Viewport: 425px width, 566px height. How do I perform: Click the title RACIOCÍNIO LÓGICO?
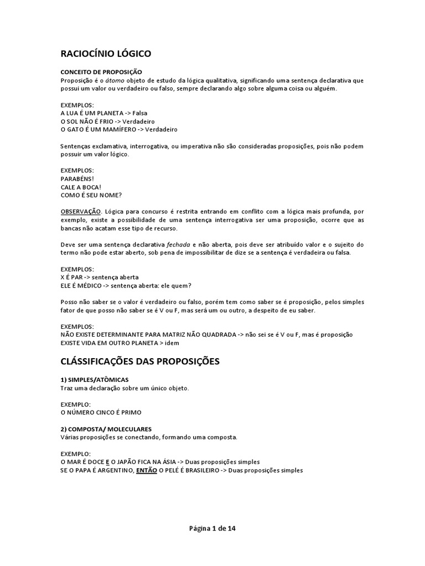(x=105, y=54)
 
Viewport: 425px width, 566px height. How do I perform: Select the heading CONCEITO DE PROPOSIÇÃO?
(x=101, y=72)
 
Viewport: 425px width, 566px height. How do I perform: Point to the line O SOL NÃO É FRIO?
(x=108, y=121)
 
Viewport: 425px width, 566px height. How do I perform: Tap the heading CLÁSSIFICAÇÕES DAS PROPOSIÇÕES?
(x=140, y=361)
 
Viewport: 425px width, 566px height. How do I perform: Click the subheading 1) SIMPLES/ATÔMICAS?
(x=94, y=380)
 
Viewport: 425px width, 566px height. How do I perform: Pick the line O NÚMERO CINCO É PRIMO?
(x=101, y=412)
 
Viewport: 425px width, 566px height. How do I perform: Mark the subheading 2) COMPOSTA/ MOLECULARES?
(x=106, y=429)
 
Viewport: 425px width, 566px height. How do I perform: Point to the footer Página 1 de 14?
(x=212, y=528)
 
